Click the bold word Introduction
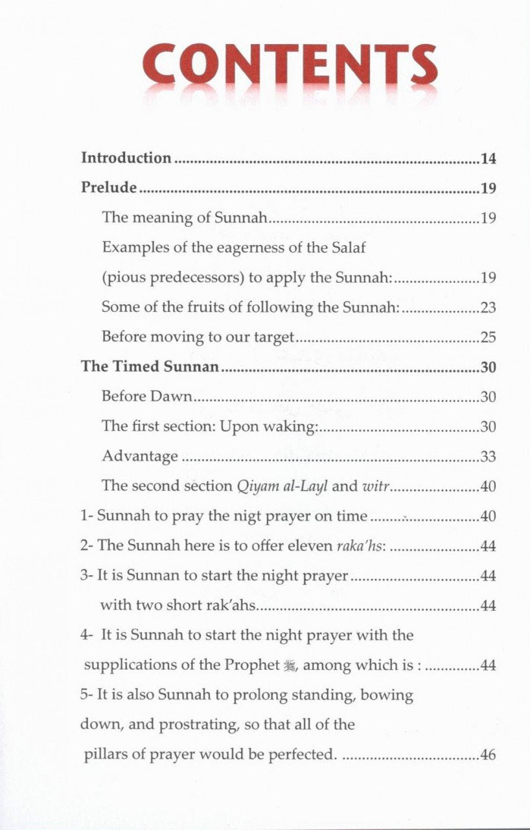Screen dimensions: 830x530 coord(126,158)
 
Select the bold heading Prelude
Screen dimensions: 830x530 coord(109,188)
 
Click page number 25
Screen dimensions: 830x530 coord(488,338)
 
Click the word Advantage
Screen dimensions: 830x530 coord(139,456)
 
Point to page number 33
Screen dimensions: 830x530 coord(488,456)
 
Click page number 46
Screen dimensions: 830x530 coord(488,755)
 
